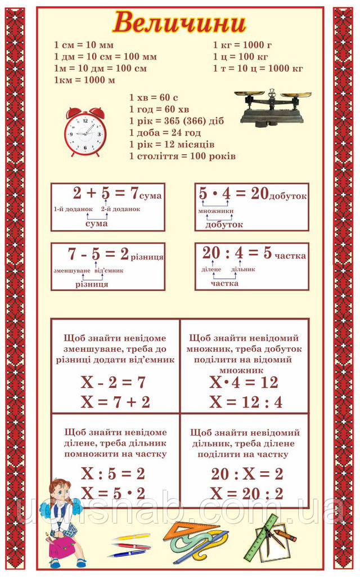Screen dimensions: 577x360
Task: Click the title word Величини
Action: click(x=179, y=23)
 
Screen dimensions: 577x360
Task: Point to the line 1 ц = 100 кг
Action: click(x=240, y=56)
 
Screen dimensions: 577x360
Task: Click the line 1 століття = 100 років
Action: click(x=182, y=156)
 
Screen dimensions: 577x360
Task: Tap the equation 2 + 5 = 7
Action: click(x=106, y=194)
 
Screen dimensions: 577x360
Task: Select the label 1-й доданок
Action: click(x=73, y=209)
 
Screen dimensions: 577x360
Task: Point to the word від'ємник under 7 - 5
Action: click(x=109, y=271)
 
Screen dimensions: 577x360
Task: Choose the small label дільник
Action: click(x=243, y=270)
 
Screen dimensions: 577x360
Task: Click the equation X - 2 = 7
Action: click(x=113, y=383)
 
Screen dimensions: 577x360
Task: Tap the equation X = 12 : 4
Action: click(x=246, y=402)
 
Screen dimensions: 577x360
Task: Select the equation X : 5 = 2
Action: click(x=113, y=472)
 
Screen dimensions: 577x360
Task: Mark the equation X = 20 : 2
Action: click(x=246, y=494)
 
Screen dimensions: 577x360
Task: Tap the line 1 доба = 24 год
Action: click(x=165, y=132)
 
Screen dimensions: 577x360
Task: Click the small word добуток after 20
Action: click(x=288, y=196)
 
